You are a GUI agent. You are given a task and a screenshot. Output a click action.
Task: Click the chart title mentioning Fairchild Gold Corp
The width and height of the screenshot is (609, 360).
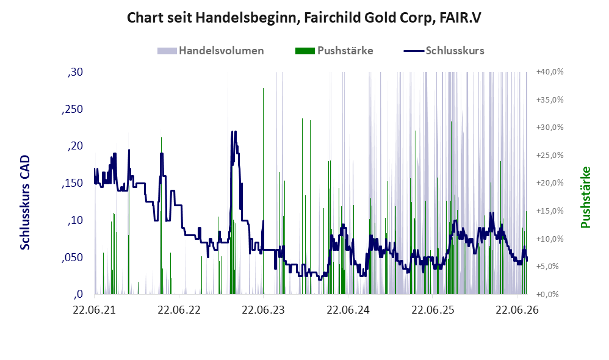pos(304,18)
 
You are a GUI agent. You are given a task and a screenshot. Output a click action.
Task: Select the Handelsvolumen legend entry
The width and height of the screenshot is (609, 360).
pos(211,51)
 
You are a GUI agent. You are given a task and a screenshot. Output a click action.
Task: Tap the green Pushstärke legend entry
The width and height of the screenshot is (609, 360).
pos(334,51)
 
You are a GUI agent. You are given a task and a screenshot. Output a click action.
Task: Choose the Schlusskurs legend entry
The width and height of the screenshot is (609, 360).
pos(444,51)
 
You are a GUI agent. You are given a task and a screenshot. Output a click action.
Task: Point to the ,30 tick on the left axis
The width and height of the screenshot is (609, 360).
pos(75,72)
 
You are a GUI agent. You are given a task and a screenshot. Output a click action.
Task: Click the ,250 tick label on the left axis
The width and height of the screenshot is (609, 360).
pos(72,109)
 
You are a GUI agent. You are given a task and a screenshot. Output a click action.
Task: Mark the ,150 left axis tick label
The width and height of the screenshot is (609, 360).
pos(72,183)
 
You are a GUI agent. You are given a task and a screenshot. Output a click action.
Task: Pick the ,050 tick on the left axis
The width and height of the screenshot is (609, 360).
pos(72,257)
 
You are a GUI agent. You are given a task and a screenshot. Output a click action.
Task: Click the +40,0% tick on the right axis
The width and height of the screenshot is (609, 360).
pos(550,72)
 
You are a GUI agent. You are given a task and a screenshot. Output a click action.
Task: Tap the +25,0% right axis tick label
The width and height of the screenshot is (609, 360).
pos(550,156)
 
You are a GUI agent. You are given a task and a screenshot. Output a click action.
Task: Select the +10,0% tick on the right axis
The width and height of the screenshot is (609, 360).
pos(550,239)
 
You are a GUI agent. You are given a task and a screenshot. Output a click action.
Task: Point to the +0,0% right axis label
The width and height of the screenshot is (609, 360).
pos(547,294)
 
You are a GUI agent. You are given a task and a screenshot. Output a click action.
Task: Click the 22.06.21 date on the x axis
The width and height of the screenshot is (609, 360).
pos(95,310)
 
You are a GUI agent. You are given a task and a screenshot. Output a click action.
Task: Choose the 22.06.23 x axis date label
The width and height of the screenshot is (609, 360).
pos(264,310)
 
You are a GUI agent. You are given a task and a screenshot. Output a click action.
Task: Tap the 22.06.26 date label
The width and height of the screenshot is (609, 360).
pos(517,310)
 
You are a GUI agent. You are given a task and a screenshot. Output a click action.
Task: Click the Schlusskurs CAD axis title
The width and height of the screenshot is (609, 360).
pos(25,203)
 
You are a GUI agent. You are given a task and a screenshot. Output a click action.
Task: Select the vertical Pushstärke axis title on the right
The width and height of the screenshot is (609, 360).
pos(586,197)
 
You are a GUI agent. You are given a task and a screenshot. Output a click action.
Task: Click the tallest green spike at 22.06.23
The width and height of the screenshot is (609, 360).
pos(264,191)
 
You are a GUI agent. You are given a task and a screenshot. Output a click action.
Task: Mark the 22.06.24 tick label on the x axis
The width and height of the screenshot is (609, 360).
pos(348,310)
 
